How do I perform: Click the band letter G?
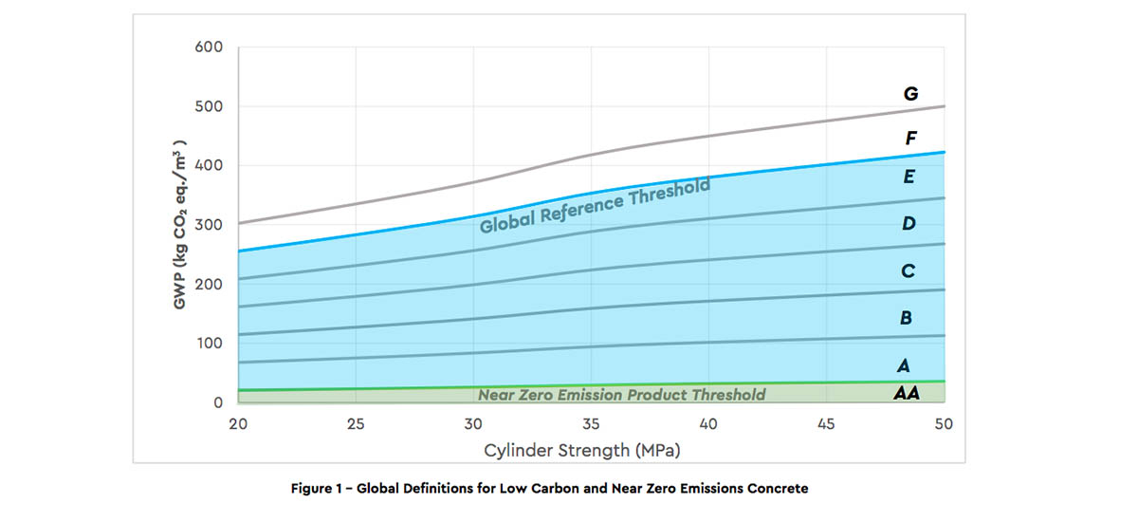tap(910, 94)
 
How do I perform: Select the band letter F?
tap(910, 139)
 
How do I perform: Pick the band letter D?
tap(909, 225)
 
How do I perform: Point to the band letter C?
tap(908, 271)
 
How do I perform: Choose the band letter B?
tap(906, 318)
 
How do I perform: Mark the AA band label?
tap(906, 392)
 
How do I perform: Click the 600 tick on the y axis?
tap(209, 47)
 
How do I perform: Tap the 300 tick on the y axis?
tap(209, 225)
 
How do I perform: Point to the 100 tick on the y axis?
tap(209, 344)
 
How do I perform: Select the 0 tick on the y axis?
tap(217, 402)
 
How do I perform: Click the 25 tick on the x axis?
tap(356, 423)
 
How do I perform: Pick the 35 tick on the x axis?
tap(591, 423)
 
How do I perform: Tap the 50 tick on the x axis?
tap(943, 423)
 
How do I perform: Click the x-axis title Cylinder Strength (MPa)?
tap(581, 449)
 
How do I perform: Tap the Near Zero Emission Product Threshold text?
tap(621, 395)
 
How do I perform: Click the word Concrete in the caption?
tap(779, 489)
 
